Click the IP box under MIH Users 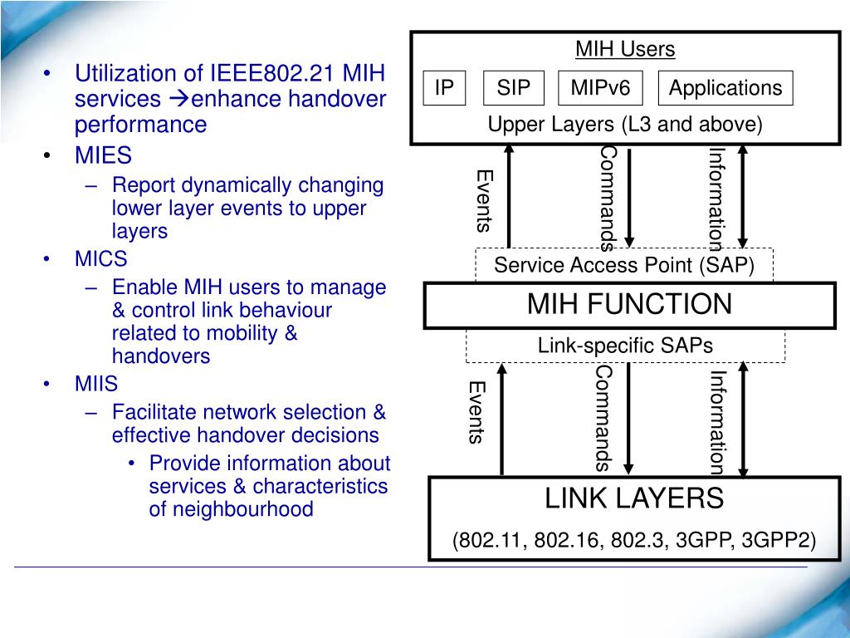(444, 88)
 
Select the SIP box (513, 88)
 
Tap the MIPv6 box (600, 88)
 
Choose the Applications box (725, 88)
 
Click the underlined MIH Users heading (625, 50)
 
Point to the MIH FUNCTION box (629, 305)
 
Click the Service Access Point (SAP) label (623, 265)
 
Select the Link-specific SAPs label (625, 346)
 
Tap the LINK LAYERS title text (634, 499)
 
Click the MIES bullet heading (104, 156)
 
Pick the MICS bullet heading (101, 258)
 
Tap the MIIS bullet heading (96, 384)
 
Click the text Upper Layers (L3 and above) (624, 125)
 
